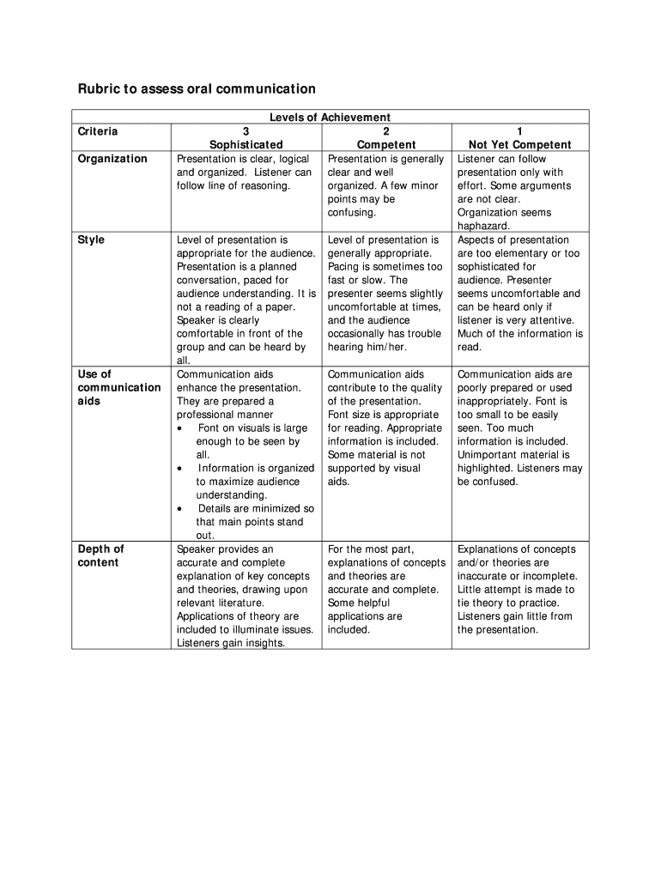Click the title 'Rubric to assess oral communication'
tap(197, 88)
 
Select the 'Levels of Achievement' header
tap(330, 118)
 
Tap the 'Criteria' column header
tap(98, 131)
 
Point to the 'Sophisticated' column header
tap(246, 145)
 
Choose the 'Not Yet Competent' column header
tap(519, 145)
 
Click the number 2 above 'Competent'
tap(386, 131)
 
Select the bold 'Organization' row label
tap(112, 159)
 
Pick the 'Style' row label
tap(91, 239)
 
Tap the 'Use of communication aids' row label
tap(118, 387)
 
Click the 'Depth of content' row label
tap(100, 555)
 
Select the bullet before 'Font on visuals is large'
tap(179, 428)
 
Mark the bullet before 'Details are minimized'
tap(179, 509)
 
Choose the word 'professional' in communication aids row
tap(206, 415)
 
